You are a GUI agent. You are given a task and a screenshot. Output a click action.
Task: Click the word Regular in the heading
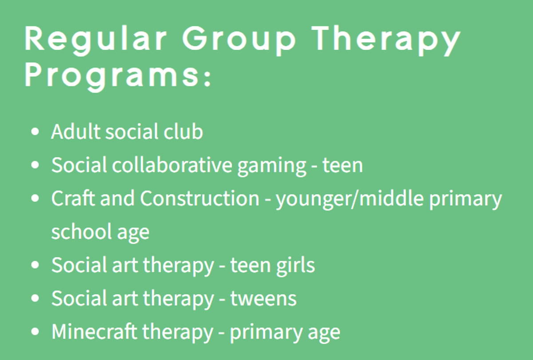(x=95, y=40)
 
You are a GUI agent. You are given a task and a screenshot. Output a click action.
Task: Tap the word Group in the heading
(x=239, y=40)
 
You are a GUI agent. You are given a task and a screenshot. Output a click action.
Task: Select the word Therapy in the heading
(x=386, y=40)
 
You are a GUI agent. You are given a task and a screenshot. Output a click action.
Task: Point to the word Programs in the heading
(x=111, y=76)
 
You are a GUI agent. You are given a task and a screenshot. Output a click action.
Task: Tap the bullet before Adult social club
(x=35, y=132)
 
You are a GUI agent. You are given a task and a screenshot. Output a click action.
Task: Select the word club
(x=183, y=131)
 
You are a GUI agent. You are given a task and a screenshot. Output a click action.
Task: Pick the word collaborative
(x=172, y=164)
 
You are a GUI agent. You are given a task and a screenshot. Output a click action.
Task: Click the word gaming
(x=272, y=166)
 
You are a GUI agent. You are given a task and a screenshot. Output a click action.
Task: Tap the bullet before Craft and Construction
(x=35, y=198)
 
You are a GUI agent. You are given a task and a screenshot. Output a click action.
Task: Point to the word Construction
(x=199, y=198)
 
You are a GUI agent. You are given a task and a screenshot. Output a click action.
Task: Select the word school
(x=81, y=231)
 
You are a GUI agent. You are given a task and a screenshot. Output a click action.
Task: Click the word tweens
(x=263, y=299)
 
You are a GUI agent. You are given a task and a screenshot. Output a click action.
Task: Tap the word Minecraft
(x=94, y=331)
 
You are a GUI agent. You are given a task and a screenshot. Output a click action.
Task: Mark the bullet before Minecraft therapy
(x=35, y=332)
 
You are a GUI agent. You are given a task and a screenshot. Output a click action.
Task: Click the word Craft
(x=73, y=198)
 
